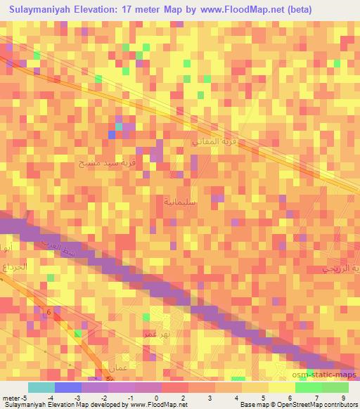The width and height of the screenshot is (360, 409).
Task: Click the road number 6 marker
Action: (x=49, y=312)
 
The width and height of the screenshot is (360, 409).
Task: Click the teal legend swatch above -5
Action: (x=41, y=387)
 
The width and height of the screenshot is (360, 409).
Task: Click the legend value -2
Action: (x=103, y=398)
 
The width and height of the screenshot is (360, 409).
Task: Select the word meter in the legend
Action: (x=13, y=398)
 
